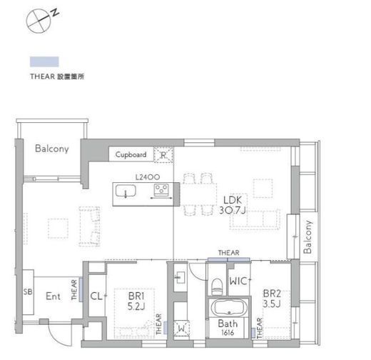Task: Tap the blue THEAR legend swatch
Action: [x=44, y=61]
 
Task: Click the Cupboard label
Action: [x=131, y=154]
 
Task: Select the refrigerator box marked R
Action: [x=163, y=155]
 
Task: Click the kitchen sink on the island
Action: [x=126, y=191]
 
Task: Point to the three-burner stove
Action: [x=161, y=189]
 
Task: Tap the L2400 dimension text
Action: [x=148, y=177]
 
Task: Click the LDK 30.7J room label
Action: [x=233, y=205]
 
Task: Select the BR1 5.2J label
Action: [x=136, y=301]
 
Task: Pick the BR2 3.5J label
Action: [x=272, y=299]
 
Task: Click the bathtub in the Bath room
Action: [x=228, y=308]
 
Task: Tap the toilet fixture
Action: [x=217, y=286]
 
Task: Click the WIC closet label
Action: [x=238, y=281]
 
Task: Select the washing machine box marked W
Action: [x=181, y=329]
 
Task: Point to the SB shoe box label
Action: [x=28, y=291]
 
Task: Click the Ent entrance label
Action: [x=53, y=296]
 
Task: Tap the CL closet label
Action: [x=96, y=296]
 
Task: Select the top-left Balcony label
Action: [x=52, y=149]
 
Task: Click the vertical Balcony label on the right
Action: [x=308, y=237]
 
